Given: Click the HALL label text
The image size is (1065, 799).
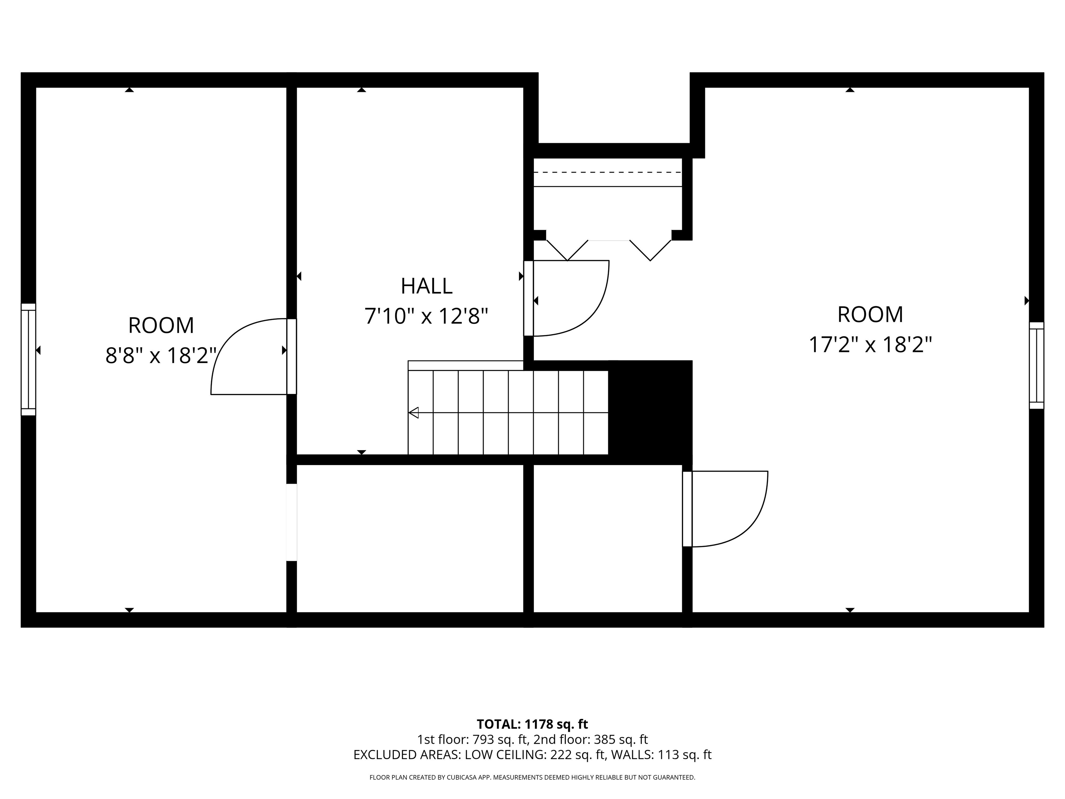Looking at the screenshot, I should point(426,286).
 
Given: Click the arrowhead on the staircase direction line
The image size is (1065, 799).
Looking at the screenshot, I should point(414,413).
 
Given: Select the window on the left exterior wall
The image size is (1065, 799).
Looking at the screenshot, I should point(28,359).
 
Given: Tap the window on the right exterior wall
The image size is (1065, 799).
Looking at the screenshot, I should point(1036,366).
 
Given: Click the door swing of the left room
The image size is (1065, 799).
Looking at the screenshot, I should point(245,356).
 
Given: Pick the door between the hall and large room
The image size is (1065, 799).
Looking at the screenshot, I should point(568,299).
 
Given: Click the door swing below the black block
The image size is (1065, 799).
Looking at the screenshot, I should point(727,509).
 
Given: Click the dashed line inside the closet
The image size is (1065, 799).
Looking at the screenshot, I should point(608,172).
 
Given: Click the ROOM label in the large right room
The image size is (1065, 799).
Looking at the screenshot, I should point(870,315).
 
